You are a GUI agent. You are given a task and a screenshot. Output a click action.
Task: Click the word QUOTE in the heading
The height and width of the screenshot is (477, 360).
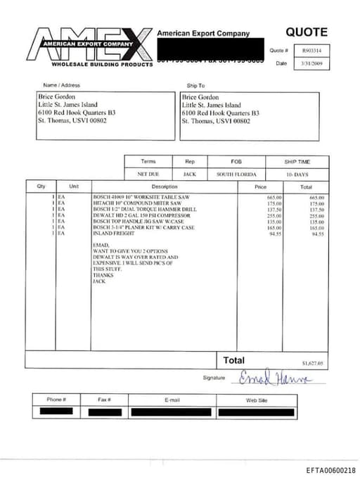pyautogui.click(x=306, y=32)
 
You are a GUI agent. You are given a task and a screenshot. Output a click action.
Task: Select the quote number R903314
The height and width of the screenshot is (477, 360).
pyautogui.click(x=310, y=51)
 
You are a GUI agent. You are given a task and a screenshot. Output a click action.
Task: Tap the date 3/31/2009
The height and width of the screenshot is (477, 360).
pyautogui.click(x=310, y=63)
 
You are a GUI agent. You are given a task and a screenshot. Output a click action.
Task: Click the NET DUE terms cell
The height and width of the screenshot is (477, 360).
pyautogui.click(x=148, y=174)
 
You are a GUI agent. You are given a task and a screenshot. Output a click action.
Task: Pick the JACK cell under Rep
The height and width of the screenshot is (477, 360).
pyautogui.click(x=189, y=174)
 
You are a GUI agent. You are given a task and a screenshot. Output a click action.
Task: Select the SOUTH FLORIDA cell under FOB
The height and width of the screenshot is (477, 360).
pyautogui.click(x=236, y=174)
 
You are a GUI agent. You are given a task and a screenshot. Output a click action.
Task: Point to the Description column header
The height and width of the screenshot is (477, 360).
pyautogui.click(x=165, y=186)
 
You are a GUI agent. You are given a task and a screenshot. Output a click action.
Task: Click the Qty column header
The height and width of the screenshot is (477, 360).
pyautogui.click(x=41, y=186)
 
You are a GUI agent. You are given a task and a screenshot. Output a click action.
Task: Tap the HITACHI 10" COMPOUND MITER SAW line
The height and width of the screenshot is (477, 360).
pyautogui.click(x=131, y=203)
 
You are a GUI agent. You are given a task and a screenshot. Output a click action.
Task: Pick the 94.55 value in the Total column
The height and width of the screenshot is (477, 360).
pyautogui.click(x=318, y=234)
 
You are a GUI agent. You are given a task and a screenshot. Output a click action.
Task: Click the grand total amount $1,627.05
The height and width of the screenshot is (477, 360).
pyautogui.click(x=313, y=363)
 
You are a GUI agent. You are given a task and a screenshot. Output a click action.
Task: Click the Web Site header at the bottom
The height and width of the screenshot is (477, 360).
pyautogui.click(x=256, y=400)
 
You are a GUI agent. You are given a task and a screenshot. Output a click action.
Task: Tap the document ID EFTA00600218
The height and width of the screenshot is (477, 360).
pyautogui.click(x=330, y=470)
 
